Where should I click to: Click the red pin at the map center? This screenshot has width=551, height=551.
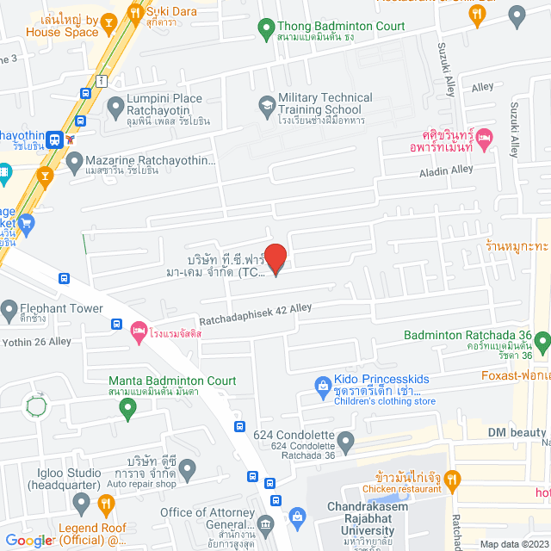pos(275,259)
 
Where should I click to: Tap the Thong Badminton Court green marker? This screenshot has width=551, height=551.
pos(266,31)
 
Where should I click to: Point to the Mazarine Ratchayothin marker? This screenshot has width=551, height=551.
pos(74,160)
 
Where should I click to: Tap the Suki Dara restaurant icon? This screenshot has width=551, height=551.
pos(134,13)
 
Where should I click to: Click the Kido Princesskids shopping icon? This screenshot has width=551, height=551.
pos(321,385)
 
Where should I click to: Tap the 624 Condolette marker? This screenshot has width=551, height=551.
pos(346,444)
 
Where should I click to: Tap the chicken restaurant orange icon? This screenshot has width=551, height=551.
pos(454,479)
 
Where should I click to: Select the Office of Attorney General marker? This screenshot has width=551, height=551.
pos(265,524)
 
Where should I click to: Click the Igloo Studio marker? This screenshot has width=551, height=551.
pos(81,499)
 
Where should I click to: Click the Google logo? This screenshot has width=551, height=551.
pos(28,541)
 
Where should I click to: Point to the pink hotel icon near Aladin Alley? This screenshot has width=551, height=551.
pos(485,138)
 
